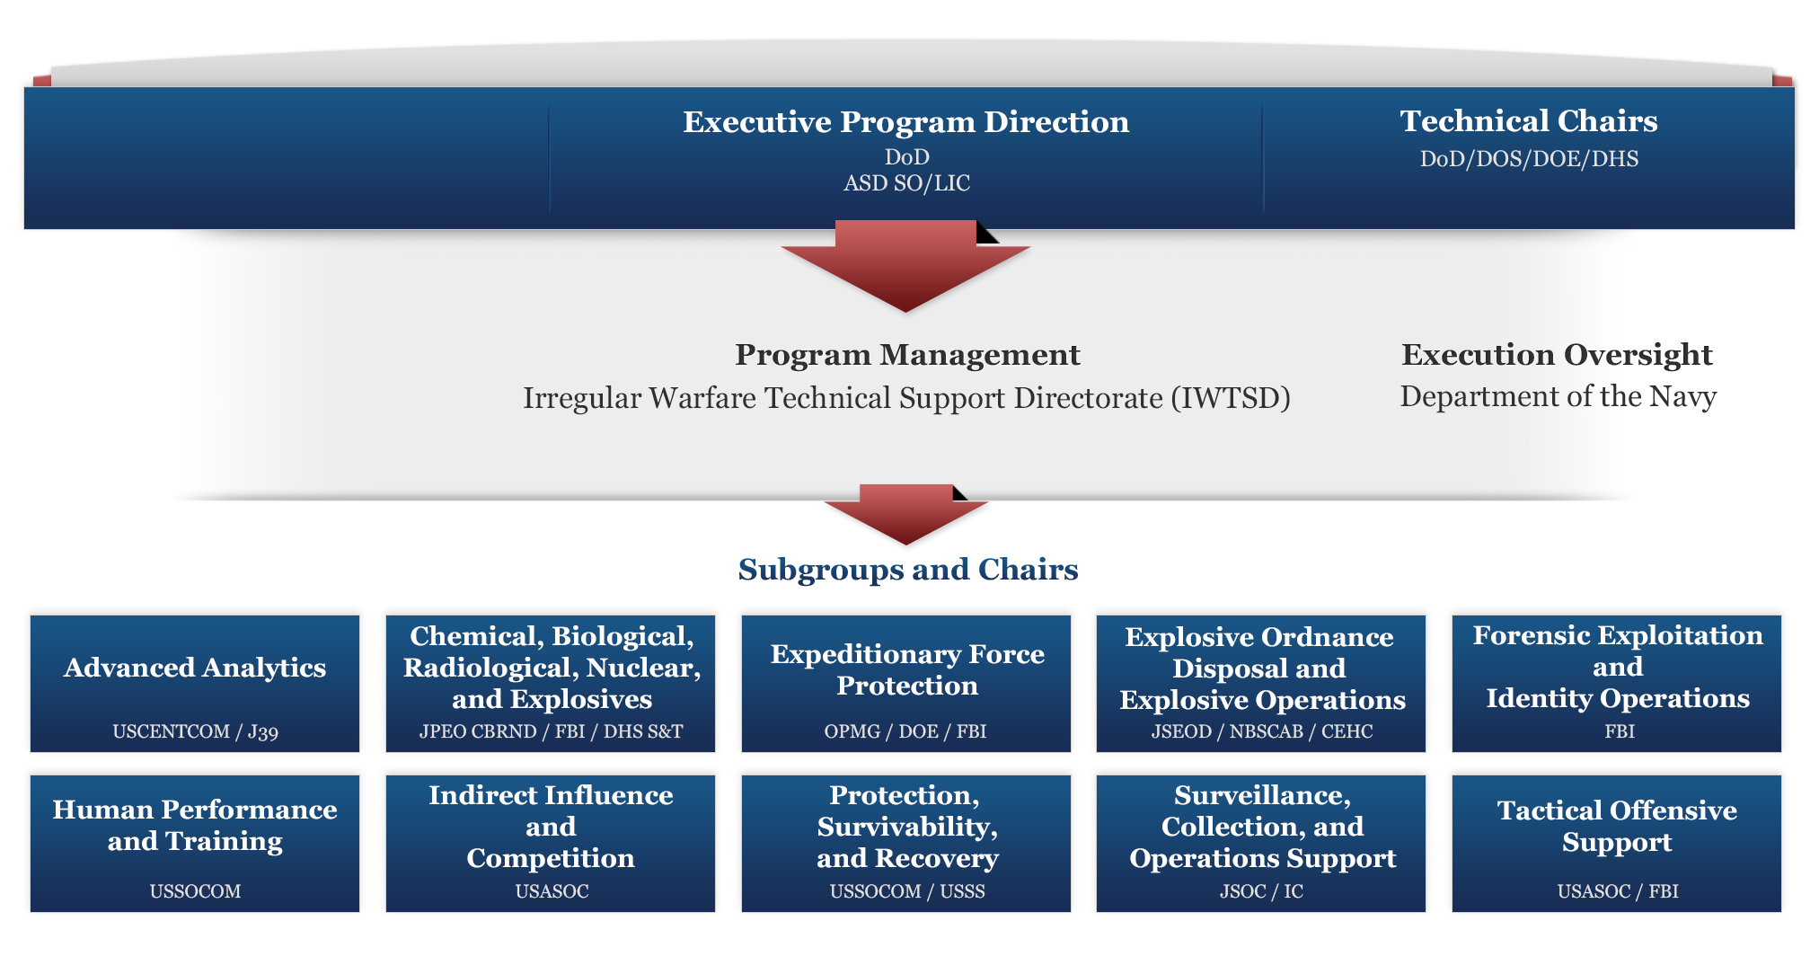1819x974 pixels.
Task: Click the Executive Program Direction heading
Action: pos(905,122)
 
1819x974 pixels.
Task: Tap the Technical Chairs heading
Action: pos(1529,121)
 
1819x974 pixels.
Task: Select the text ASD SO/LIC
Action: pos(907,183)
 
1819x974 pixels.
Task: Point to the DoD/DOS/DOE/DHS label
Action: pos(1529,159)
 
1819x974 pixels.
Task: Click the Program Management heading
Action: pos(907,355)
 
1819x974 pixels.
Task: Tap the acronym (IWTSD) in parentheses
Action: pos(1231,398)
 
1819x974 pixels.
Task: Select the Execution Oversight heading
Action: pos(1557,355)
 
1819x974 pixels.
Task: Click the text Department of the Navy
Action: pos(1558,396)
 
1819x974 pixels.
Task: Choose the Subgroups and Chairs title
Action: pos(908,570)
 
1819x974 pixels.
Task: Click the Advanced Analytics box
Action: pos(195,684)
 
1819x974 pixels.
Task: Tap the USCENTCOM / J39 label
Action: pos(195,731)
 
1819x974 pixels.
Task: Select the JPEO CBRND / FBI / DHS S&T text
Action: pos(551,731)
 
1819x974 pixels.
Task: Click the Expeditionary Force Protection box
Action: pos(906,684)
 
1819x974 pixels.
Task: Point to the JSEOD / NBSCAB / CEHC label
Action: pos(1262,731)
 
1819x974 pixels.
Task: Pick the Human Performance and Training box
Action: pos(195,844)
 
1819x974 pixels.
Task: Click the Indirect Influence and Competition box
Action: pos(551,844)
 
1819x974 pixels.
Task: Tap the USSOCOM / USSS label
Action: pos(907,891)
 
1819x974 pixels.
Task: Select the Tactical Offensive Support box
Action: pos(1617,844)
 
